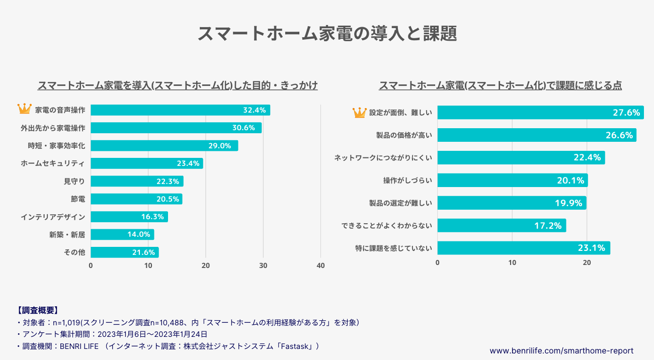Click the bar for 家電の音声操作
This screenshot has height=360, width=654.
click(180, 110)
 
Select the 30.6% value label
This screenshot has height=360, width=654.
click(243, 128)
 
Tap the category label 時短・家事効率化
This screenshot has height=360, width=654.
click(56, 146)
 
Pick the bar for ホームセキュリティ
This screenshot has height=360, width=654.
click(146, 163)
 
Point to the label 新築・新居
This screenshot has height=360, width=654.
click(67, 234)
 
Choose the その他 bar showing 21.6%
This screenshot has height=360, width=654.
click(124, 252)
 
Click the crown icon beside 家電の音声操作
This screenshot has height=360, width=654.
click(24, 109)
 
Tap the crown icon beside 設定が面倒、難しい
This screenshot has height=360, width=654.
click(359, 113)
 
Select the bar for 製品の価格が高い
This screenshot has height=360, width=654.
click(536, 135)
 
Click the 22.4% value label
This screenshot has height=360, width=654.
click(587, 158)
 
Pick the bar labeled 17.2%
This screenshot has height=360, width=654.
click(501, 226)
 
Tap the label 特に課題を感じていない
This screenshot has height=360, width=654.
click(393, 248)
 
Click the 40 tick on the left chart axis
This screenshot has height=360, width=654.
click(320, 266)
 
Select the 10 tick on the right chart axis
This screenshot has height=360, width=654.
click(512, 262)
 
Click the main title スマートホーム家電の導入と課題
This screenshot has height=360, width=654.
click(327, 34)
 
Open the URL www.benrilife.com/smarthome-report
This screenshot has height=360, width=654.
click(561, 350)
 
